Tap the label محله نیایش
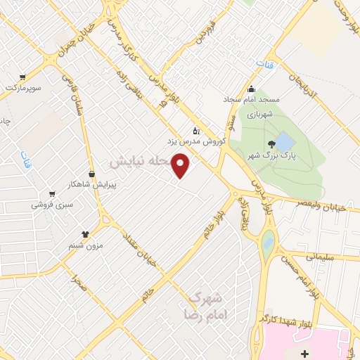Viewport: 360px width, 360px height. click(x=141, y=161)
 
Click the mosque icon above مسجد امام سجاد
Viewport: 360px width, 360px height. click(x=252, y=89)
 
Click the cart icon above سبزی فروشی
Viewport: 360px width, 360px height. click(x=51, y=194)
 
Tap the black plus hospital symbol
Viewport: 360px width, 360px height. click(x=304, y=352)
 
